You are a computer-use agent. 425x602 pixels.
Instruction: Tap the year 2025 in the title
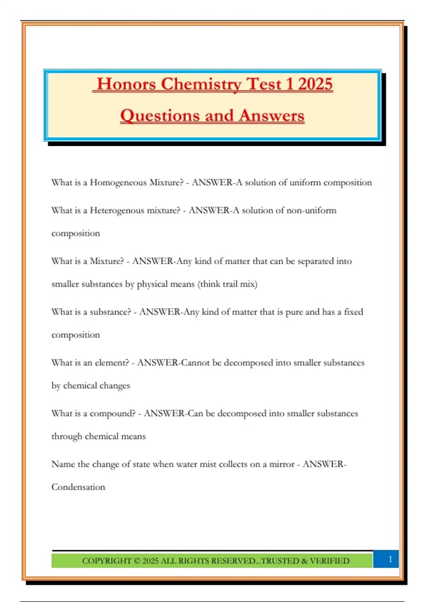[x=315, y=84]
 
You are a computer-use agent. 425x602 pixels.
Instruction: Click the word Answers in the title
[x=272, y=116]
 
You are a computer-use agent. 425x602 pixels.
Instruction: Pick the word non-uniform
[x=311, y=211]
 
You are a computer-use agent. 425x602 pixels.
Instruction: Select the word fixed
[x=353, y=312]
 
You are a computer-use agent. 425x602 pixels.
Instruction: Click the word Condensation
[x=78, y=487]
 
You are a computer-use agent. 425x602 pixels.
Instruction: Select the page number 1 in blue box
[x=390, y=559]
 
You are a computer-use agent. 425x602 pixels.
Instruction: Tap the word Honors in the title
[x=126, y=84]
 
